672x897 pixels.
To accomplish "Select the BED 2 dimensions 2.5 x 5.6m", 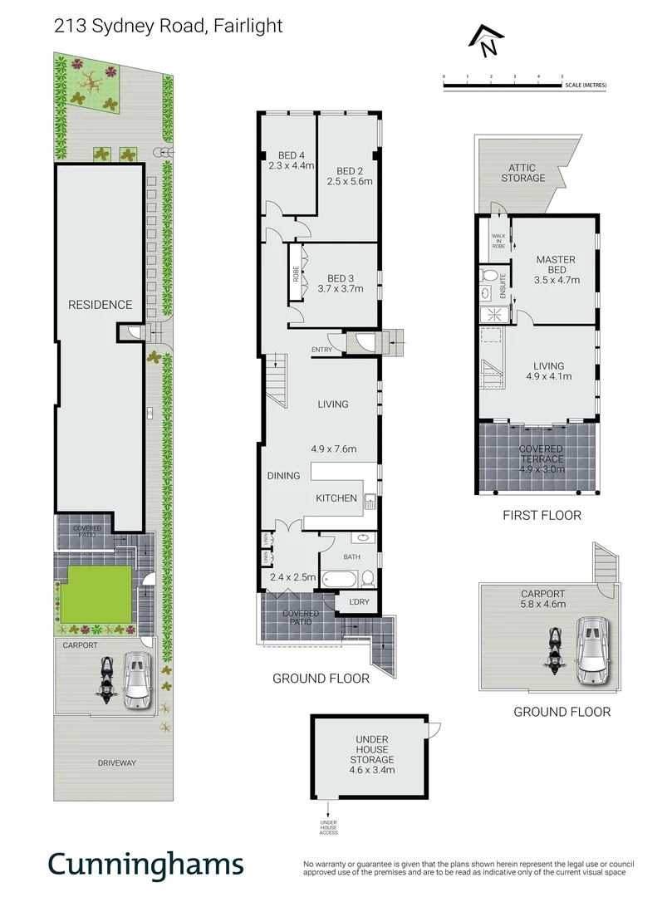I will (x=349, y=181).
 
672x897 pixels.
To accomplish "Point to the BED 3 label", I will (x=341, y=278).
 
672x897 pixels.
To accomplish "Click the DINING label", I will (x=283, y=476).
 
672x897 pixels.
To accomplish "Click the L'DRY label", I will (x=359, y=601).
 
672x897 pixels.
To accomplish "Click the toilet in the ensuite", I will (x=489, y=276).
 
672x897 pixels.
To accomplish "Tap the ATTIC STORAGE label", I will (x=522, y=173).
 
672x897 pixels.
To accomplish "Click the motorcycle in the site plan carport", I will (x=105, y=680).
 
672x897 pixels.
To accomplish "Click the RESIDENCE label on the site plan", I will (x=100, y=305).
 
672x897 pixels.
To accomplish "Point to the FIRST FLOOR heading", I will (x=542, y=515).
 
